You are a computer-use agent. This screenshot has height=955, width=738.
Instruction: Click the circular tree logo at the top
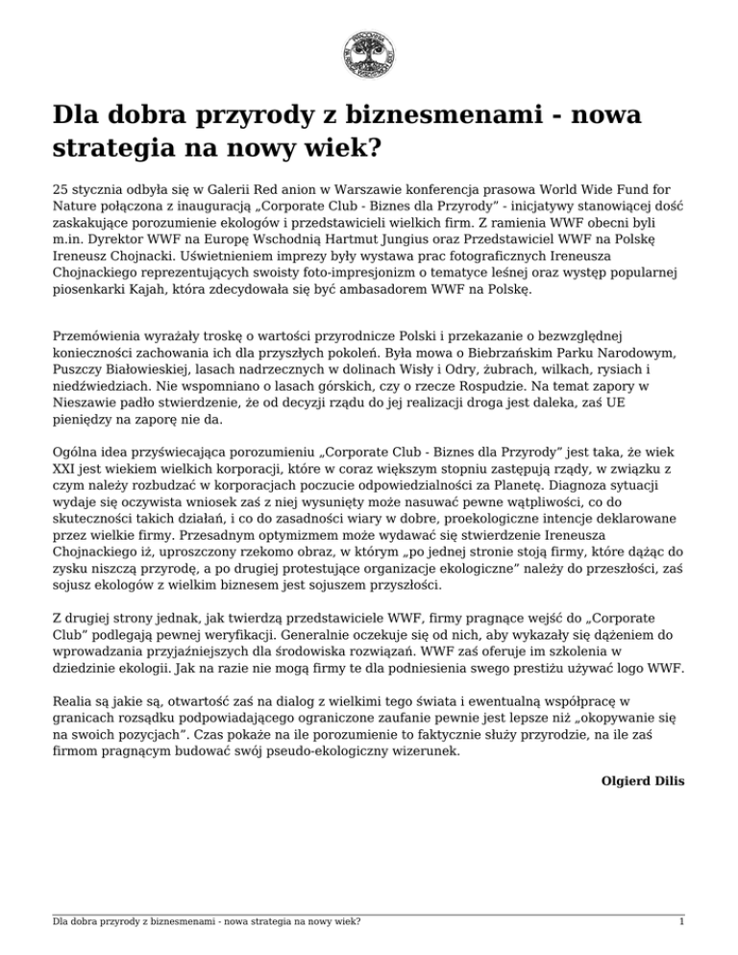(369, 55)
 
